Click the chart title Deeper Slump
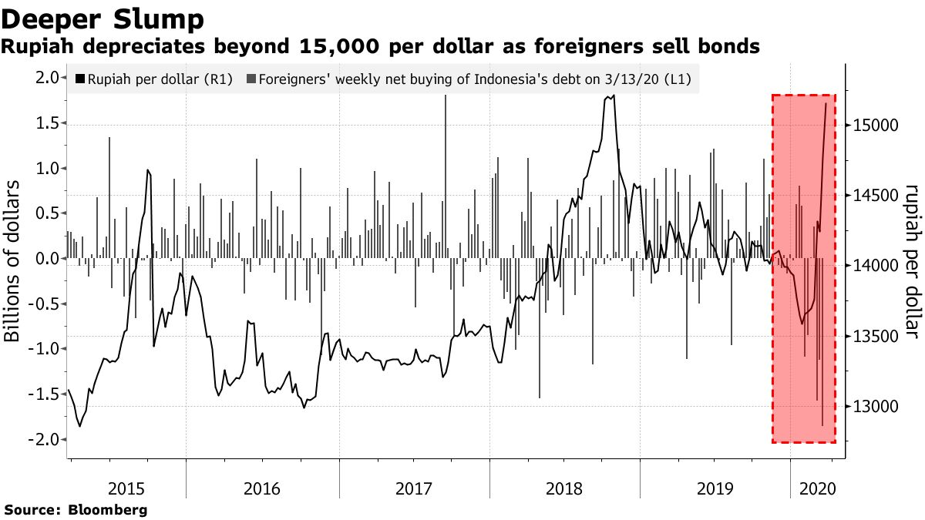(103, 18)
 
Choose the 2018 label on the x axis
(565, 488)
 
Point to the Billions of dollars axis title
(13, 270)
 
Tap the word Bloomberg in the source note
(108, 510)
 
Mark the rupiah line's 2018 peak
(612, 96)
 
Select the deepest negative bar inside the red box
(822, 424)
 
